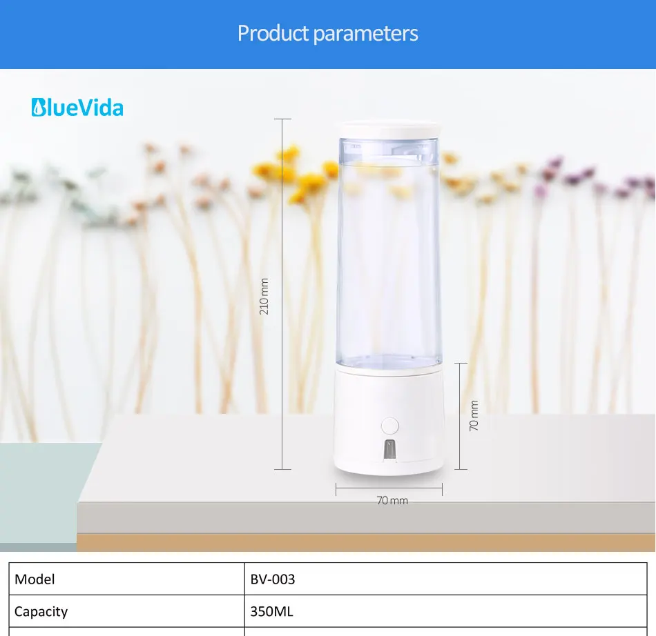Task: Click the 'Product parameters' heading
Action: coord(327,33)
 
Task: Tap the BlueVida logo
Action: coord(77,108)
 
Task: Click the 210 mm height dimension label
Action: coord(264,296)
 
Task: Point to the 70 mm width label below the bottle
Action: coord(392,500)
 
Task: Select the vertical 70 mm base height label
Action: coord(474,416)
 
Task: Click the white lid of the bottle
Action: coord(389,130)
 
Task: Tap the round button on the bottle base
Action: coord(389,425)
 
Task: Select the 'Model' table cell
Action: coord(35,579)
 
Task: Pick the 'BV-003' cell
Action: coord(272,579)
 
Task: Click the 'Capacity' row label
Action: coord(41,611)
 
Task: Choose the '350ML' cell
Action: coord(271,611)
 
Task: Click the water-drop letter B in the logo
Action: coord(38,108)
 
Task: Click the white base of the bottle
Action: coord(389,421)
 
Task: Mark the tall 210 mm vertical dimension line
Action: coord(282,207)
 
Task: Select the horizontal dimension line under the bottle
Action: coord(389,489)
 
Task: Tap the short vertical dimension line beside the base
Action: coord(461,386)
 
